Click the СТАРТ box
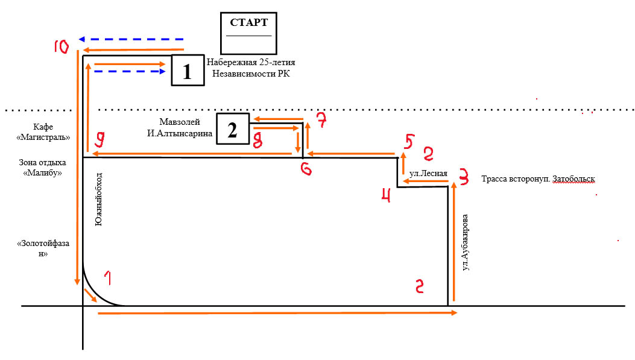248,33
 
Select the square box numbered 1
188,72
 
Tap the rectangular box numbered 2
233,129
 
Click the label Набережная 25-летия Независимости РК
250,68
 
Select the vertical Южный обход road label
99,200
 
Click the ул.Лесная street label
427,174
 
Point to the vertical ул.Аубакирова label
465,241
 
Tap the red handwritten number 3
463,177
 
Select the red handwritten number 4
386,195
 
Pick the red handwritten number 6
306,169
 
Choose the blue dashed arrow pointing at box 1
130,71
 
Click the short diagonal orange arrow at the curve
90,295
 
